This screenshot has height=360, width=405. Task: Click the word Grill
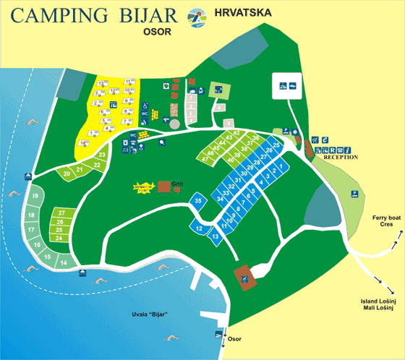click(x=177, y=183)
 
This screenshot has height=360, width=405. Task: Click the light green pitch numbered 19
click(x=34, y=197)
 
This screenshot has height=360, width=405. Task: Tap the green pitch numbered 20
click(x=67, y=173)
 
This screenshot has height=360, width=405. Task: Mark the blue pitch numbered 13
click(x=215, y=236)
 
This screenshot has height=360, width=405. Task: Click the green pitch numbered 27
click(x=63, y=213)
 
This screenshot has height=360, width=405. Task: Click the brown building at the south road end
click(x=245, y=275)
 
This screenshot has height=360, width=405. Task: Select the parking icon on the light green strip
click(x=354, y=193)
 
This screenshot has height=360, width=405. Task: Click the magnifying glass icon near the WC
click(x=160, y=142)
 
